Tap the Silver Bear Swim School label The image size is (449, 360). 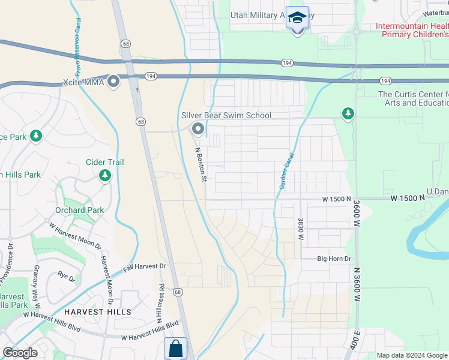click(226, 115)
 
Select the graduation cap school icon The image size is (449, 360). click(297, 18)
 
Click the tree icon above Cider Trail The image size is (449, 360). click(106, 175)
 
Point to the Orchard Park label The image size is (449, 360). click(79, 210)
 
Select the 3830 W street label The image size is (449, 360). click(300, 229)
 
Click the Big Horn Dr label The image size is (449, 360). click(334, 259)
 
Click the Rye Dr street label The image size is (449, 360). click(66, 278)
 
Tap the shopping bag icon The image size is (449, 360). click(175, 349)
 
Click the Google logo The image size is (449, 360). click(19, 353)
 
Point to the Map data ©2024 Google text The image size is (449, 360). click(412, 355)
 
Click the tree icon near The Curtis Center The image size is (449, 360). click(347, 113)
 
